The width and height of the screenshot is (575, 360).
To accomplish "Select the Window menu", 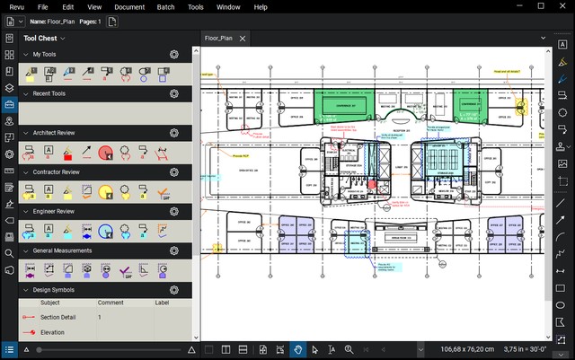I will [x=228, y=6].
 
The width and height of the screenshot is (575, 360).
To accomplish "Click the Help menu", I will [x=261, y=6].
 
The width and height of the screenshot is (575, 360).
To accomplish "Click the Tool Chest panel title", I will [x=40, y=39].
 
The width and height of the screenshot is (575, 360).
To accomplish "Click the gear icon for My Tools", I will [x=174, y=55].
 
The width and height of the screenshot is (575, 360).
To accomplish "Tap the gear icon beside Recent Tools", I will [x=174, y=93].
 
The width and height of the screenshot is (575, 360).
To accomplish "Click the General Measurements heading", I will [x=66, y=250].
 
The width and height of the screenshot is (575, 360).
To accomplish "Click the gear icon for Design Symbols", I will [x=174, y=290].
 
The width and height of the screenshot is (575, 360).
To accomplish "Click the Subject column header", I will [x=50, y=303].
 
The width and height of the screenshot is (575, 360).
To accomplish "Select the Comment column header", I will [x=111, y=303].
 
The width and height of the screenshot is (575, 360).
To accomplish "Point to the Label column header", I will [x=162, y=303].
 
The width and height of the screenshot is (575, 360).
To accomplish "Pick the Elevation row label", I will [x=53, y=332].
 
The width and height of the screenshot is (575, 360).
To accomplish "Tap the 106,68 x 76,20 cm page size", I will [x=466, y=349].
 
